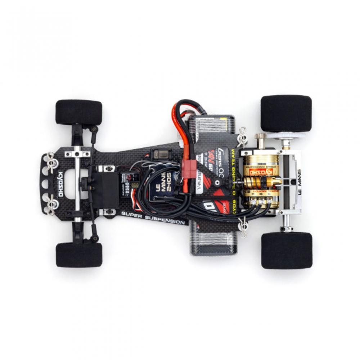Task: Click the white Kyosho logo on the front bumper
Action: [60, 184]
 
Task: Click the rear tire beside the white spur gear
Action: [286, 113]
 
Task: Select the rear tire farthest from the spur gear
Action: [287, 251]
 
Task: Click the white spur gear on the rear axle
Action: [288, 136]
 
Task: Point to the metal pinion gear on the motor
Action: [260, 137]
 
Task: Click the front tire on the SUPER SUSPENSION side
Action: [79, 255]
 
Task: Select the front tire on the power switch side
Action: [79, 112]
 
